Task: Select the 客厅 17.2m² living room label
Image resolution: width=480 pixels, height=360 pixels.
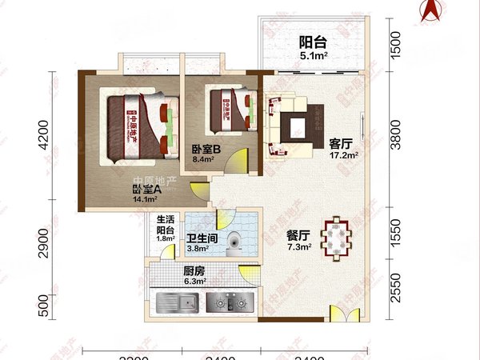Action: pyautogui.click(x=342, y=150)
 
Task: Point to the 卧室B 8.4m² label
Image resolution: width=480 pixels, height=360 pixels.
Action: pyautogui.click(x=206, y=154)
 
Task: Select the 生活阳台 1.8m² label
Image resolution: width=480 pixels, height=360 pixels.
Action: pyautogui.click(x=165, y=228)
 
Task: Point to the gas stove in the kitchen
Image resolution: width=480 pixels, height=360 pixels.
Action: pyautogui.click(x=228, y=303)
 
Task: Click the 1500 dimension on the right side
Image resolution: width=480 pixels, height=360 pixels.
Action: pyautogui.click(x=393, y=39)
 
